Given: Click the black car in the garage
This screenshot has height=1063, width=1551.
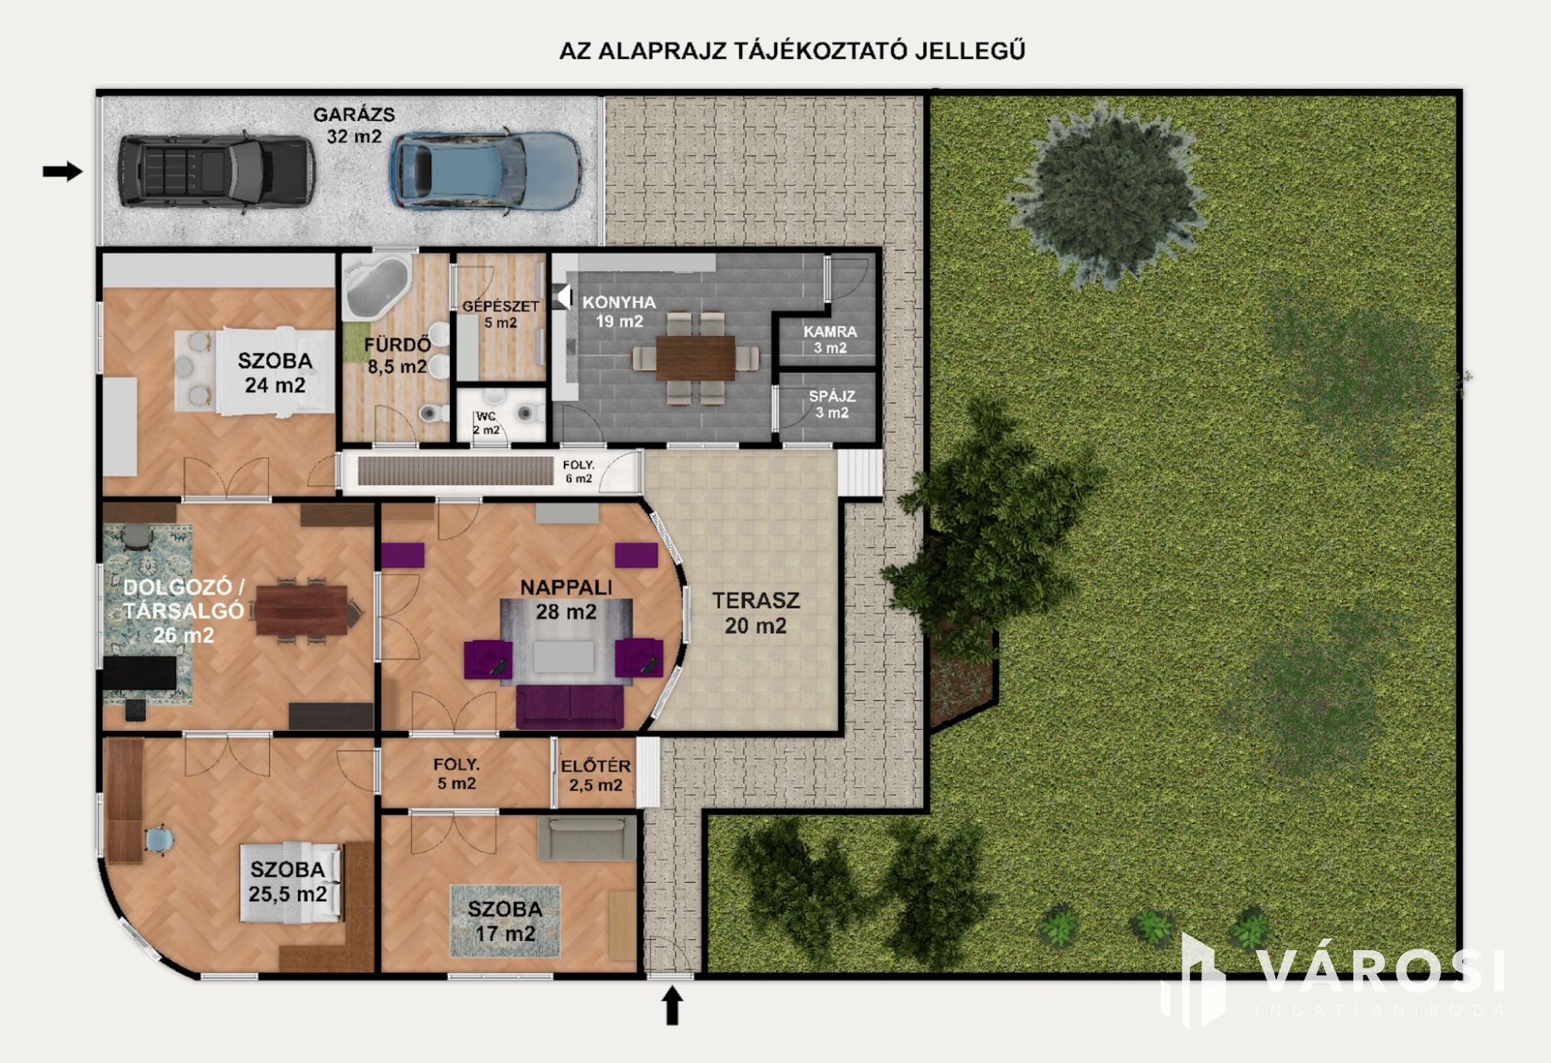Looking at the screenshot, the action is tap(216, 171).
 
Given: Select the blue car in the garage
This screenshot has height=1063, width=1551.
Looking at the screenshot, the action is tap(486, 170).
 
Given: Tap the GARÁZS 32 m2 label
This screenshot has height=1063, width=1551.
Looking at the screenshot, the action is tap(354, 125).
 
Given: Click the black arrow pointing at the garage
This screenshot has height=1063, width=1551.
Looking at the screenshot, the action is tap(63, 172).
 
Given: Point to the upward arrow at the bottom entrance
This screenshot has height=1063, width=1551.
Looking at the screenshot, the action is tap(673, 1005).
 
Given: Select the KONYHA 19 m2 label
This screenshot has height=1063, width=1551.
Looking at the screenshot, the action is tap(619, 311).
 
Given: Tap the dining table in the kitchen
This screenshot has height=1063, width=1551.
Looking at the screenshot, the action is tap(696, 358).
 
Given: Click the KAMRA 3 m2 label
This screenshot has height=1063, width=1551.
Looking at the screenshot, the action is tap(830, 339).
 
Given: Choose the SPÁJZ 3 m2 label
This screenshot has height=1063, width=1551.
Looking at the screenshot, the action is tap(832, 404).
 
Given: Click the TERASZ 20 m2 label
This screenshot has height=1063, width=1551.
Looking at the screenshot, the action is tap(756, 612).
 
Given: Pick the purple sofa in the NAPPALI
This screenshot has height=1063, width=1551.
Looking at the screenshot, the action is tap(570, 707).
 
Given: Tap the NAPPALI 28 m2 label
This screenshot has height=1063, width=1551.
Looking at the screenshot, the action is tap(566, 599).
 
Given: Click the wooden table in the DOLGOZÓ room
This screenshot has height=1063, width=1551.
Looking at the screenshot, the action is tap(301, 610).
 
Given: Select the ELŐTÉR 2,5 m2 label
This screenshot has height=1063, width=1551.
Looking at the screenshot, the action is tap(595, 775).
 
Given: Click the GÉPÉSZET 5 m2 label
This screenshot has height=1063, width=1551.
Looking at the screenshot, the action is tap(501, 314).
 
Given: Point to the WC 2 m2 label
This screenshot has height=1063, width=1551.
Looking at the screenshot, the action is tap(487, 423).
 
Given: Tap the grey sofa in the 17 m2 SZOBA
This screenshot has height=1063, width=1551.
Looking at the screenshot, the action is tap(581, 838).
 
